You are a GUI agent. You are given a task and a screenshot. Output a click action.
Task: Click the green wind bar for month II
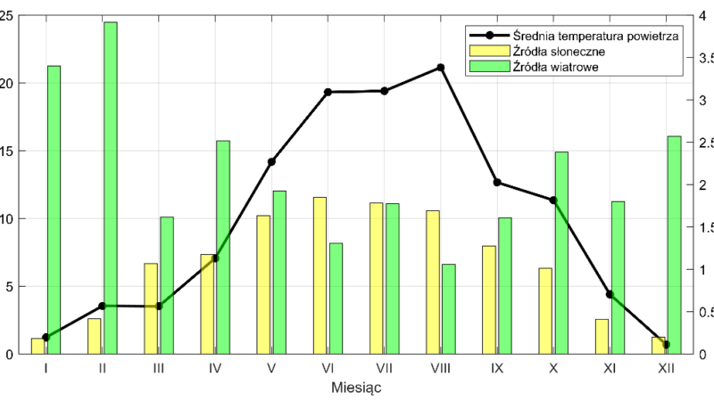click(x=110, y=187)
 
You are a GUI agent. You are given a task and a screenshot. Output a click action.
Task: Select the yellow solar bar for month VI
click(x=320, y=275)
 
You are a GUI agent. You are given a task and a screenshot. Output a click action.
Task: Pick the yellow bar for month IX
click(x=489, y=299)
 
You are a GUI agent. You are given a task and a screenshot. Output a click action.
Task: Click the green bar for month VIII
click(x=449, y=308)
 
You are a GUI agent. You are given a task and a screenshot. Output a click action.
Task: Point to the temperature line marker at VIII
click(x=441, y=68)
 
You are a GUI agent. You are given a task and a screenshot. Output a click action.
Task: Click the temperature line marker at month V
click(x=271, y=162)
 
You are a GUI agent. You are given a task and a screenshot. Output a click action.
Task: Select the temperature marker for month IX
click(x=497, y=183)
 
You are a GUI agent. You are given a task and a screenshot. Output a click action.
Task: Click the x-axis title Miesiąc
click(x=357, y=388)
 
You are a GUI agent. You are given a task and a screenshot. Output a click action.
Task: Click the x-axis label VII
click(x=384, y=368)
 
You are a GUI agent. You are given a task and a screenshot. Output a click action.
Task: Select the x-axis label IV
click(x=214, y=368)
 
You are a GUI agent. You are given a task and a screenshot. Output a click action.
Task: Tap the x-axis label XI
click(x=610, y=368)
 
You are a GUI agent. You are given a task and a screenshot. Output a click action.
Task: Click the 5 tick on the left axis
click(x=10, y=286)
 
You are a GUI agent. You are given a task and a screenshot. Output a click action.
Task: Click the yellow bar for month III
click(x=151, y=308)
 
